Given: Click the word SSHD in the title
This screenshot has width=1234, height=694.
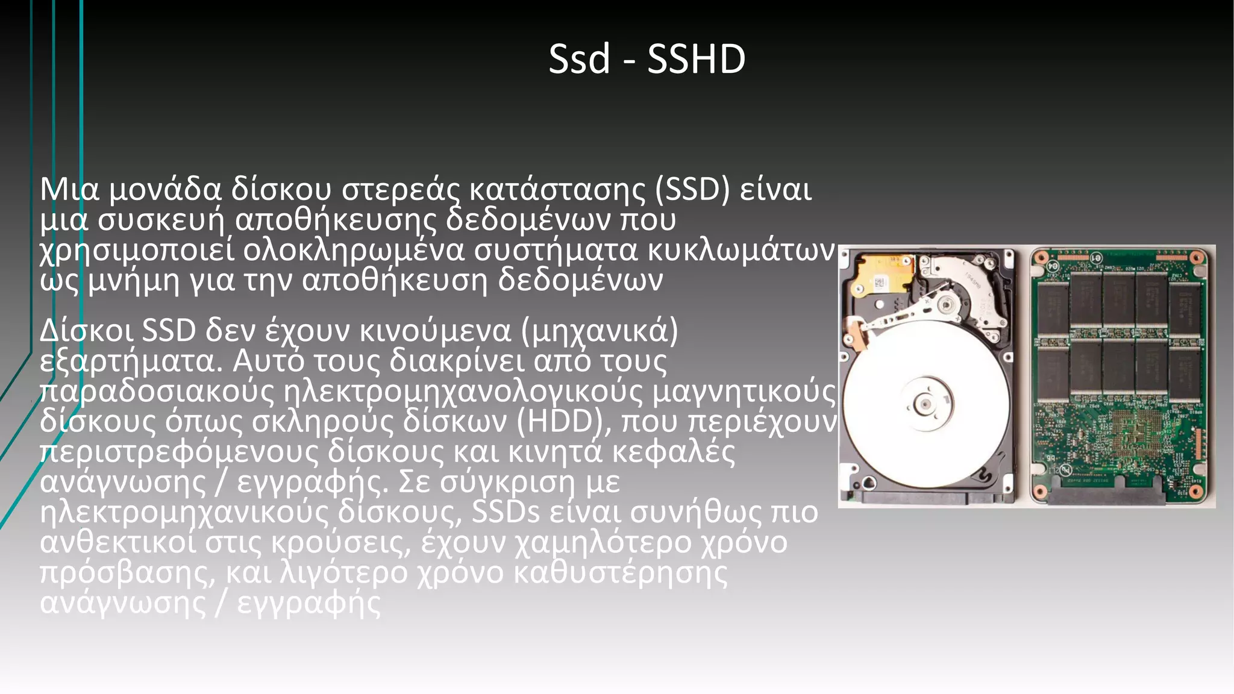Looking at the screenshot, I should (696, 59).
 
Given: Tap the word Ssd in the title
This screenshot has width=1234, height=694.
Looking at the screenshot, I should (579, 59).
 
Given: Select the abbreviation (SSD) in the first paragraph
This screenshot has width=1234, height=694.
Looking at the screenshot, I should (692, 189).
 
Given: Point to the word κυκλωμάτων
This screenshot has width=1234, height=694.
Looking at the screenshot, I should (741, 250).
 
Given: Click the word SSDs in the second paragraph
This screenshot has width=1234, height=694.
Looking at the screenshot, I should (506, 511).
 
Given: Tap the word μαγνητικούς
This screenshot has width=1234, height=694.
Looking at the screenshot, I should (744, 391).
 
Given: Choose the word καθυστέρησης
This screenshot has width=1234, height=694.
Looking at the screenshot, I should (621, 572).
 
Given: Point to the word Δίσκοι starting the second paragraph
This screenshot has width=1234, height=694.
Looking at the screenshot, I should (87, 331).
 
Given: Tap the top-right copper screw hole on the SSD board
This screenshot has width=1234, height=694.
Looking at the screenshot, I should (1197, 258).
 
